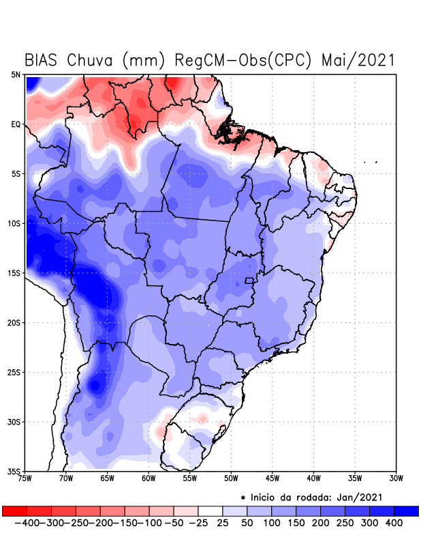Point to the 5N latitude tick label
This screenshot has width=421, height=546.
(x=16, y=74)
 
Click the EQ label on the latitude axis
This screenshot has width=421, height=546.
(x=16, y=124)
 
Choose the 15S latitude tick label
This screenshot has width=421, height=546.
(x=14, y=273)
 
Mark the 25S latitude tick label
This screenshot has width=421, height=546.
(x=14, y=373)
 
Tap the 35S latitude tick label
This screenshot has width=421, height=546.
(x=14, y=472)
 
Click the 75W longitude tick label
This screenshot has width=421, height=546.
(x=26, y=478)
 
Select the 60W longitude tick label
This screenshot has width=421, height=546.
(x=149, y=478)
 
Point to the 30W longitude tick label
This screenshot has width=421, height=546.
(x=396, y=478)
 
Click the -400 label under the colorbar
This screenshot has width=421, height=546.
(x=27, y=523)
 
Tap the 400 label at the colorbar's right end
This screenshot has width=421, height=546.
(x=394, y=523)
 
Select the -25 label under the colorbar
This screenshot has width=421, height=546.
(x=198, y=523)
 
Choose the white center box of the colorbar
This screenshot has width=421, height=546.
(x=210, y=511)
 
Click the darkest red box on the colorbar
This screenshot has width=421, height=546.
(x=14, y=511)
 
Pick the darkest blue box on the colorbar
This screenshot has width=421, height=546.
(x=407, y=511)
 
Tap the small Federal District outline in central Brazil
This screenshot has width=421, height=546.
(x=249, y=281)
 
